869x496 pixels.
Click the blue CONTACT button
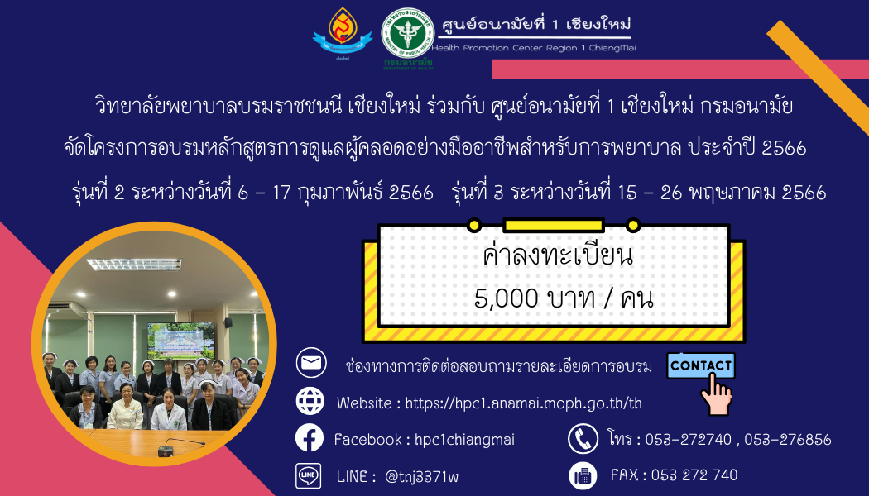(x=700, y=365)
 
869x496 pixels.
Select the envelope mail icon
(x=311, y=363)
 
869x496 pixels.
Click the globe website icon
(x=310, y=400)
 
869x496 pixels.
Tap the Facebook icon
(x=310, y=438)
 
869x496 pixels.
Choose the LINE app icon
(x=308, y=475)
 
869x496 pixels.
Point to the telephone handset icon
(x=583, y=438)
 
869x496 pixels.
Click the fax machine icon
(x=583, y=475)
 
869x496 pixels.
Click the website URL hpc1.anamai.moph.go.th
(x=523, y=403)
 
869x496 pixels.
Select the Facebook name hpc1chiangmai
(x=464, y=440)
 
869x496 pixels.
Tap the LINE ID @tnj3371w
(x=421, y=476)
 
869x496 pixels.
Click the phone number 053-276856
(x=788, y=440)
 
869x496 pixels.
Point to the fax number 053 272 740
(x=694, y=475)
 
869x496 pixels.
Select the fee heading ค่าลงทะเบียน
(x=558, y=256)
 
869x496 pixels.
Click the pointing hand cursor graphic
(x=716, y=394)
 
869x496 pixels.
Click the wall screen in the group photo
(x=180, y=339)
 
